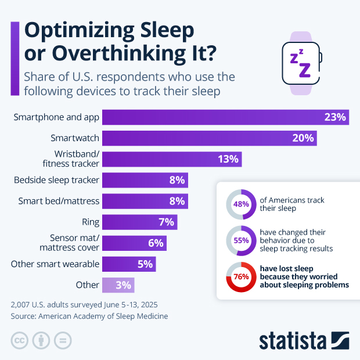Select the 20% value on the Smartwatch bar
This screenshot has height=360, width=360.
coord(303,138)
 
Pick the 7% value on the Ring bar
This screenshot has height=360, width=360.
coord(166,222)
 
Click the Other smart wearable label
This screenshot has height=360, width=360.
coord(55,264)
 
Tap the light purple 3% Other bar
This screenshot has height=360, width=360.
coord(118,285)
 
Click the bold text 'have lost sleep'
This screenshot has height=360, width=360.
coord(286,269)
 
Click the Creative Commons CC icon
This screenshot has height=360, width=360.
coord(20,340)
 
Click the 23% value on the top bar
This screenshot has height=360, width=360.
coord(335,117)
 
